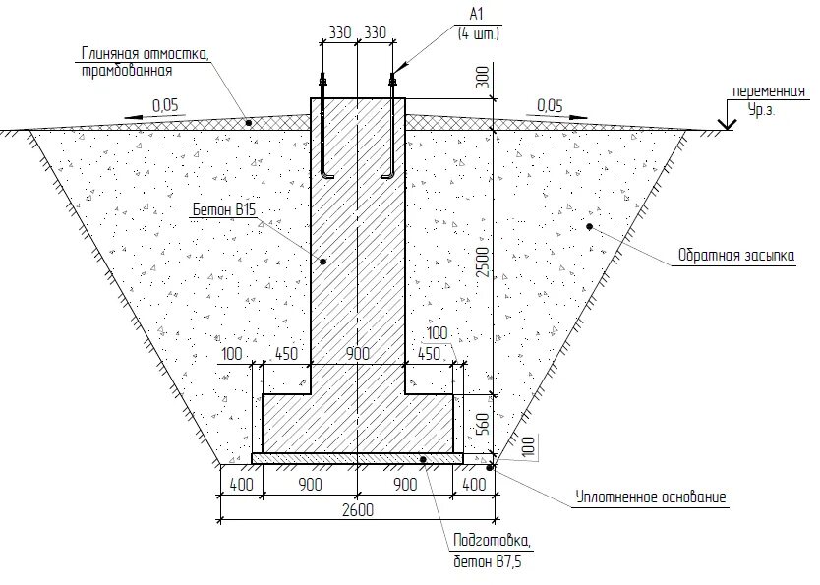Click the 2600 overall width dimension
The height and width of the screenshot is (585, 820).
click(x=357, y=507)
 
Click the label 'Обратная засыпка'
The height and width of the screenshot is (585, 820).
click(x=734, y=257)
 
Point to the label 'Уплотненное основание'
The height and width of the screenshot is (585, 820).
click(x=651, y=497)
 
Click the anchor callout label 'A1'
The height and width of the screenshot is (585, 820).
click(x=478, y=14)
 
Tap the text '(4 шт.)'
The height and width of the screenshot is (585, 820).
click(x=478, y=32)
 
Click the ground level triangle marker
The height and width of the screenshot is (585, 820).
click(x=727, y=124)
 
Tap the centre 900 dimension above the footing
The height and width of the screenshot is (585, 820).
click(x=357, y=355)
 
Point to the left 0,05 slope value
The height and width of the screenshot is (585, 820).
click(x=166, y=105)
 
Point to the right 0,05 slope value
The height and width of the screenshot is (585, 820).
click(x=551, y=105)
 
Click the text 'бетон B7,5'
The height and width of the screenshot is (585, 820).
click(x=487, y=561)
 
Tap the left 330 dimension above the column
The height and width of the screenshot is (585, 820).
click(x=339, y=32)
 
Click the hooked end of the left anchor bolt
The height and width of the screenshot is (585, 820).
click(x=327, y=176)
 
